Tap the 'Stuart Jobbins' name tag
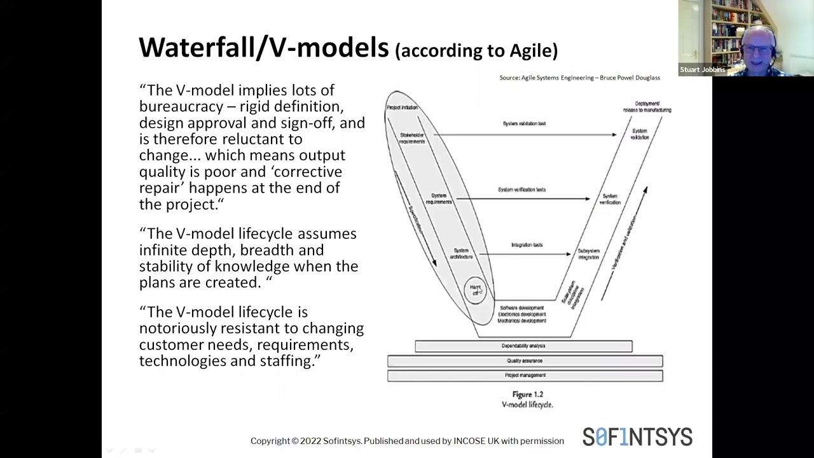tap(702, 70)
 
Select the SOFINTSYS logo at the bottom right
tap(637, 437)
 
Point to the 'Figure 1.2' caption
tap(527, 394)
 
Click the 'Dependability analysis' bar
tap(523, 346)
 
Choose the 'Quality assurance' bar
tap(525, 361)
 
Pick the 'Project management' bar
tap(525, 375)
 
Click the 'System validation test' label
tap(524, 123)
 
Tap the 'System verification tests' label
tap(521, 190)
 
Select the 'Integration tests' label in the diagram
tap(527, 245)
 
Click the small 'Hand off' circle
tap(475, 290)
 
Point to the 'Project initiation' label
tap(402, 108)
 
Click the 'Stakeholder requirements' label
tap(412, 138)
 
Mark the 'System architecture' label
tap(462, 253)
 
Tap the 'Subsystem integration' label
tap(589, 254)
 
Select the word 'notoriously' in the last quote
tap(178, 328)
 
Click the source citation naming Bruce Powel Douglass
tap(579, 78)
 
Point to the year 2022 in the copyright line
tap(310, 441)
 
